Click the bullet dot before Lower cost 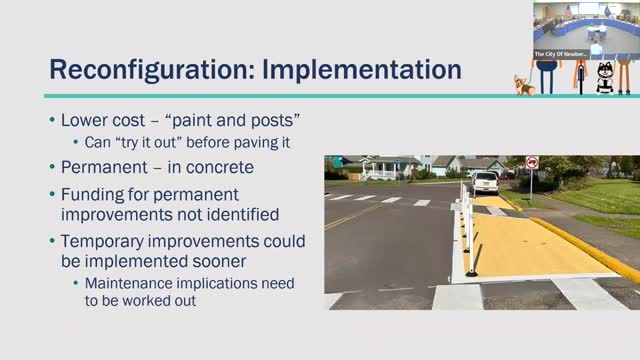coord(52,121)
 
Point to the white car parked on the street coord(484,183)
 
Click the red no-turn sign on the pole coord(532,163)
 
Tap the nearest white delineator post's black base coord(471,273)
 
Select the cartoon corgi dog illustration coord(522,85)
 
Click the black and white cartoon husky coord(605,78)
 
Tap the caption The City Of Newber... coord(560,53)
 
